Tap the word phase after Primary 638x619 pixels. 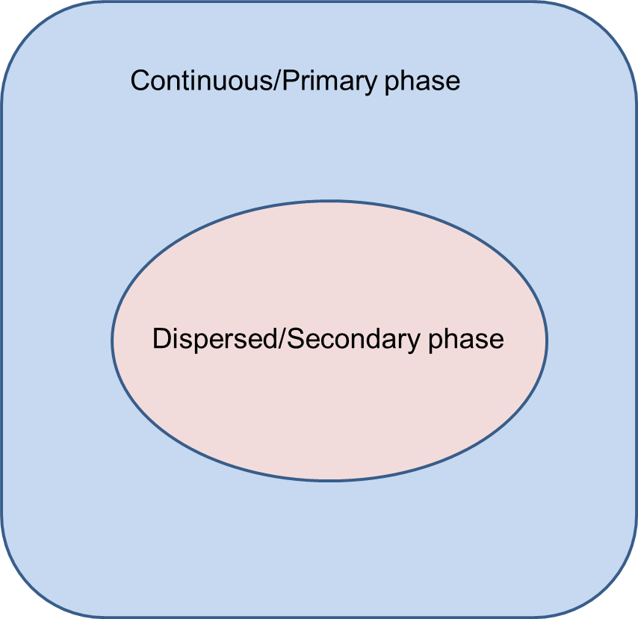coord(422,81)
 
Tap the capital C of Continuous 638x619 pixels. coord(140,81)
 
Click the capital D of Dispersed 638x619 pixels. coord(161,339)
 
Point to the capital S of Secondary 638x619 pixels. coord(295,339)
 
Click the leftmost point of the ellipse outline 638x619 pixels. coord(112,340)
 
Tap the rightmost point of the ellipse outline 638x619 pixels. coord(547,340)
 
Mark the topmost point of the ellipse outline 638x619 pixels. coord(329,201)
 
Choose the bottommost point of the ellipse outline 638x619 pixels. coord(329,480)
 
